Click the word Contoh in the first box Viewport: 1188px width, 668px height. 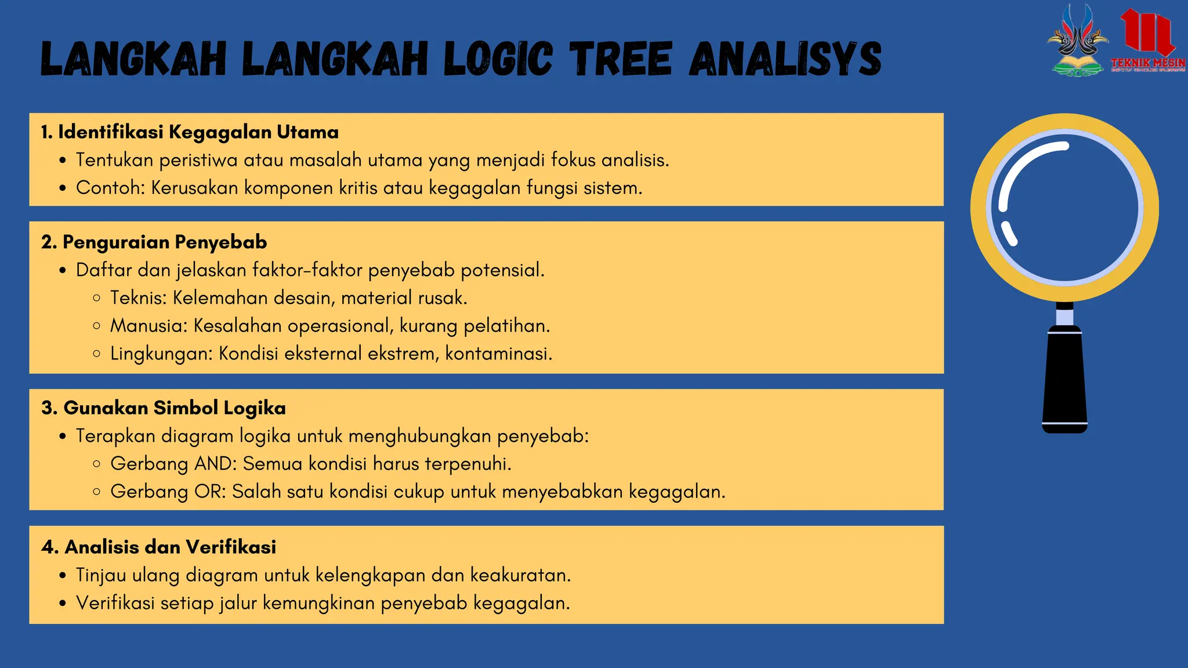108,188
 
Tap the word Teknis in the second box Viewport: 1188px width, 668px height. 137,297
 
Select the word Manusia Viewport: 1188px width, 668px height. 147,325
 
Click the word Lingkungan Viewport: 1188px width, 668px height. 160,354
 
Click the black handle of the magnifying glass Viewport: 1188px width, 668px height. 1064,380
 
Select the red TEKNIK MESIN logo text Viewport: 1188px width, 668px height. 1148,63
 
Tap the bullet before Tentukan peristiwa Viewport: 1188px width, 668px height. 63,161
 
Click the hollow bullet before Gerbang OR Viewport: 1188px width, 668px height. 97,492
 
